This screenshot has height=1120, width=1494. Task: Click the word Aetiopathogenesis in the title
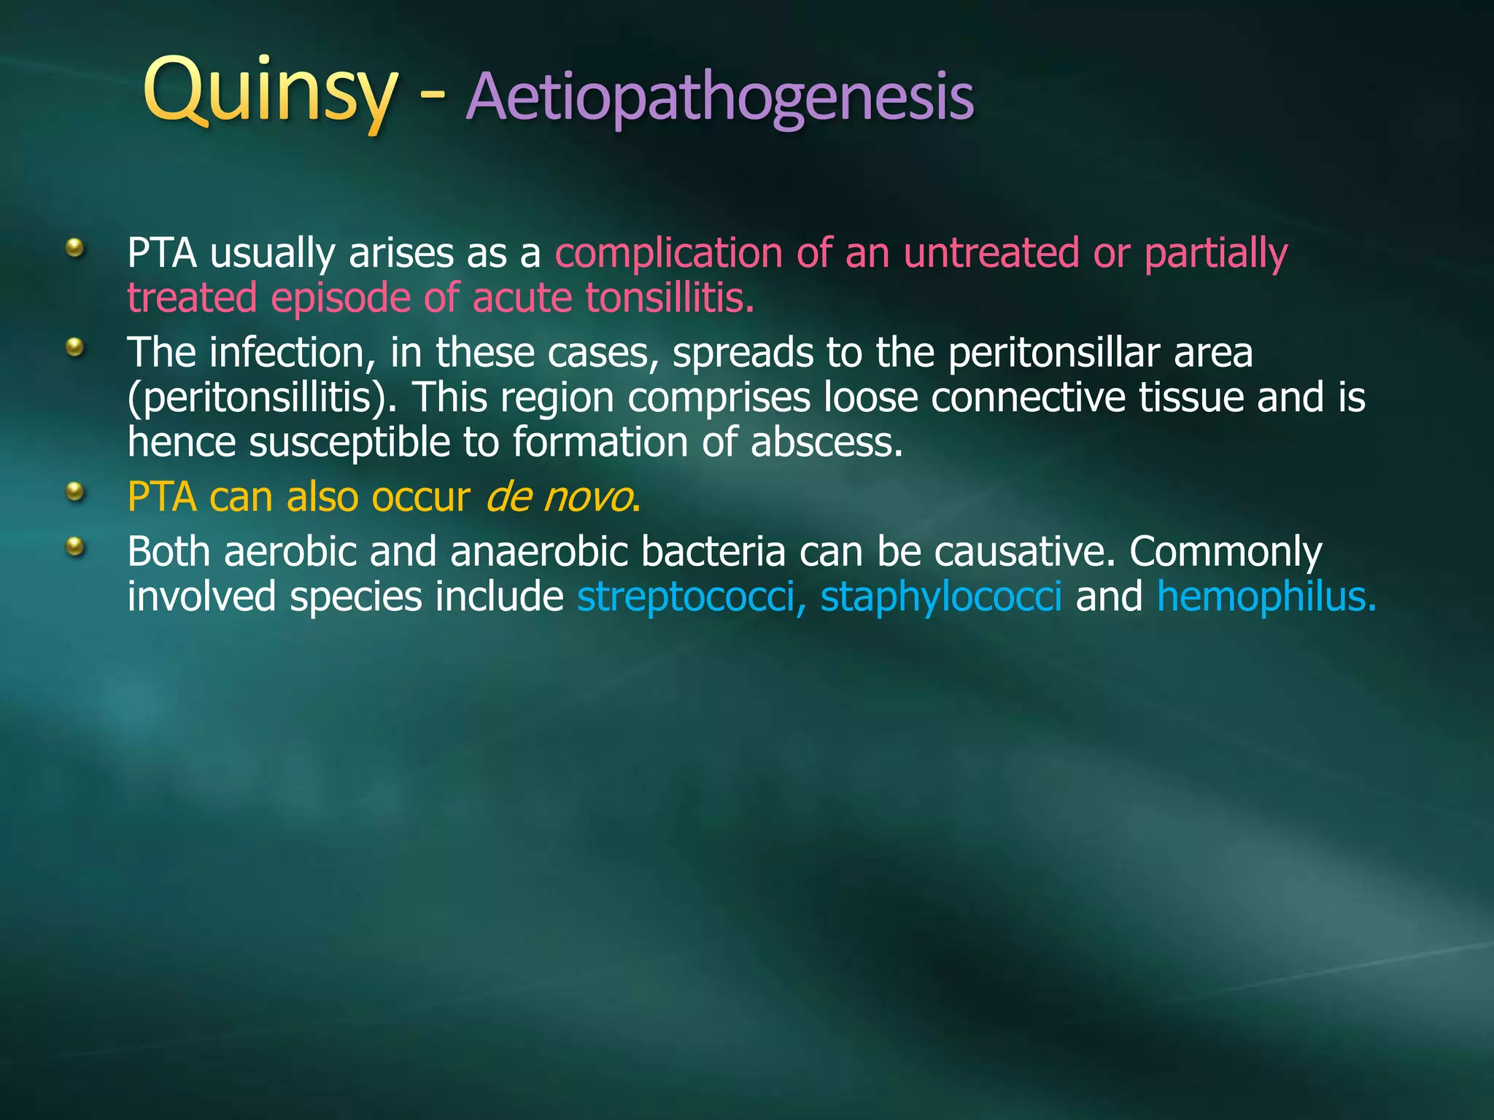pyautogui.click(x=719, y=97)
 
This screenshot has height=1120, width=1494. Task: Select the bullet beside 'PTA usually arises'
pyautogui.click(x=74, y=249)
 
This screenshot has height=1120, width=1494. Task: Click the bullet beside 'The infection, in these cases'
pyautogui.click(x=74, y=347)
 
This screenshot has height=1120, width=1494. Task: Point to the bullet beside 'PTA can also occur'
pyautogui.click(x=74, y=493)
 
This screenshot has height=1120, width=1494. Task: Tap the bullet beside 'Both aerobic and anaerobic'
pyautogui.click(x=74, y=546)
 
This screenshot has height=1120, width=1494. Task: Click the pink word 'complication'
pyautogui.click(x=668, y=253)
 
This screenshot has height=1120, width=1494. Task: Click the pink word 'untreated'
pyautogui.click(x=991, y=253)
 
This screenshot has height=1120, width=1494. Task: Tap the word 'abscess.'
pyautogui.click(x=827, y=443)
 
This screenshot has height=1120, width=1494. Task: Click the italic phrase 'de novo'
pyautogui.click(x=559, y=498)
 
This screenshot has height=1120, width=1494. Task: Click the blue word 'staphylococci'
pyautogui.click(x=941, y=597)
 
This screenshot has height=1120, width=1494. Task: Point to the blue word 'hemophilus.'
pyautogui.click(x=1266, y=597)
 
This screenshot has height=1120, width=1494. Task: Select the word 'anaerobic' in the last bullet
pyautogui.click(x=539, y=551)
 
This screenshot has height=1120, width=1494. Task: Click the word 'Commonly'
pyautogui.click(x=1226, y=553)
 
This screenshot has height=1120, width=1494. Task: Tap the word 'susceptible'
pyautogui.click(x=350, y=443)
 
